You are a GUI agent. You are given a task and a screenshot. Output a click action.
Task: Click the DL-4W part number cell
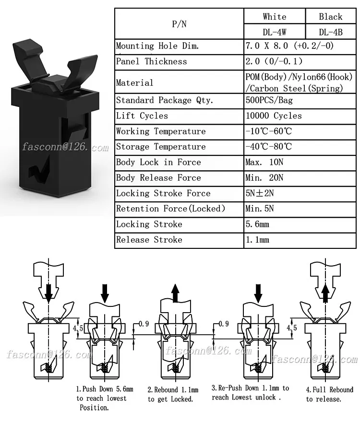pyautogui.click(x=275, y=32)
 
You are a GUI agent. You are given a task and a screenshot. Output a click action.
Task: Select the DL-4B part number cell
pyautogui.click(x=331, y=32)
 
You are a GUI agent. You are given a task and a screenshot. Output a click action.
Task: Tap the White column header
pyautogui.click(x=275, y=17)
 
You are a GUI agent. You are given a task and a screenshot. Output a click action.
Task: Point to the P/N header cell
pyautogui.click(x=179, y=24)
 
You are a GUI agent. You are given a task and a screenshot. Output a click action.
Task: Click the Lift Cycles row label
pyautogui.click(x=142, y=116)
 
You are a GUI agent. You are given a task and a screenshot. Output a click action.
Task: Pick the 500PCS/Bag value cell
pyautogui.click(x=269, y=101)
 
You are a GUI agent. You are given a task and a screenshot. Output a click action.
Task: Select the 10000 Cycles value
pyautogui.click(x=274, y=116)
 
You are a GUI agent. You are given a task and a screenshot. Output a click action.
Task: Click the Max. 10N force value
pyautogui.click(x=264, y=163)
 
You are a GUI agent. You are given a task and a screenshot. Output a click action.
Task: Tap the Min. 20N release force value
pyautogui.click(x=264, y=178)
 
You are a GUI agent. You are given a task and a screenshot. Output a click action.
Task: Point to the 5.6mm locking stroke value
pyautogui.click(x=257, y=224)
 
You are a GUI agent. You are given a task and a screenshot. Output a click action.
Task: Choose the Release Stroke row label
pyautogui.click(x=149, y=240)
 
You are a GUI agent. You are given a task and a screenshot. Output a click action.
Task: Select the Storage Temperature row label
pyautogui.click(x=161, y=147)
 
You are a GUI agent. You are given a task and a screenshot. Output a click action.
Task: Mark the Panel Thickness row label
pyautogui.click(x=152, y=61)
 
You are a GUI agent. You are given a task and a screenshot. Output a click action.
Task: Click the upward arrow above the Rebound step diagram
pyautogui.click(x=176, y=292)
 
